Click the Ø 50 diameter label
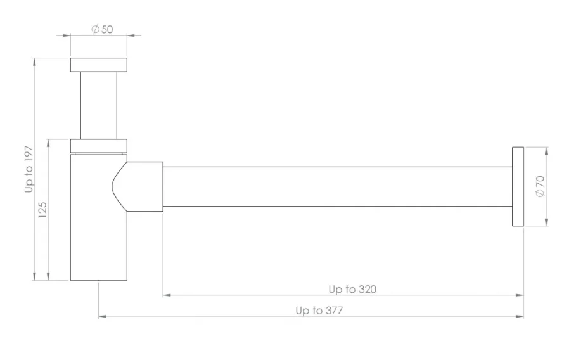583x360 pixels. (103, 30)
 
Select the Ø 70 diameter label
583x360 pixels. (540, 186)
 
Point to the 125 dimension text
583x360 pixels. (43, 209)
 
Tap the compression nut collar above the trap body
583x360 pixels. (99, 145)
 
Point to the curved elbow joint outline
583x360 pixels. (120, 186)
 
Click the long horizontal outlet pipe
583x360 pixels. (336, 186)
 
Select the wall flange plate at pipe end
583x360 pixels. (518, 186)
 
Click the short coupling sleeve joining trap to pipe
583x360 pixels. (147, 186)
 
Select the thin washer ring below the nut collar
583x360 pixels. (99, 153)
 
